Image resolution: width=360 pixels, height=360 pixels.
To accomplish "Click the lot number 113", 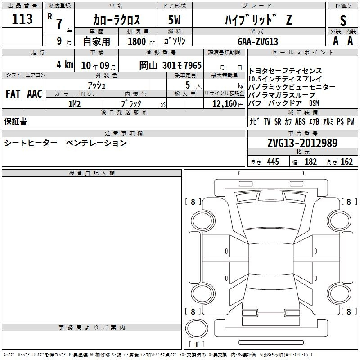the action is click(x=22, y=18).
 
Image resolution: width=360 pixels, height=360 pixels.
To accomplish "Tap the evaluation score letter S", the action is click(x=343, y=20).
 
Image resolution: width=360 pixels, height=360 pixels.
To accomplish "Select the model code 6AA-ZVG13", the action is click(x=258, y=41).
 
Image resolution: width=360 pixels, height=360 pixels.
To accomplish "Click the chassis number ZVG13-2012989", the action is click(x=302, y=143).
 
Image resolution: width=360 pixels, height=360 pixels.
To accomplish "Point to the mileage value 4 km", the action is click(x=65, y=64).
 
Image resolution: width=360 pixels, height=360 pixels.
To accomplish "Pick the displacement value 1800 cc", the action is click(x=141, y=41).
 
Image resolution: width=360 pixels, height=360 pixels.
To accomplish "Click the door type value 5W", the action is click(x=174, y=20).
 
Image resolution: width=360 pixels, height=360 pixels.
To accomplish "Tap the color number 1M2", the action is click(x=74, y=104).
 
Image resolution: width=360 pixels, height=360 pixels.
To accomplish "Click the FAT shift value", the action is click(x=13, y=94).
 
